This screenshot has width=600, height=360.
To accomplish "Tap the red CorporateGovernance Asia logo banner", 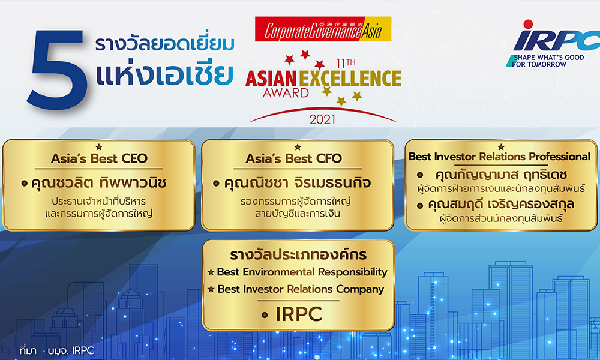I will (323, 29).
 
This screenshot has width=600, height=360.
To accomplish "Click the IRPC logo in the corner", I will (549, 39).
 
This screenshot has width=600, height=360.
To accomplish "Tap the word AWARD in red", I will (286, 93).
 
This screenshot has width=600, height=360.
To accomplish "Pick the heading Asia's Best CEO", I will (99, 159).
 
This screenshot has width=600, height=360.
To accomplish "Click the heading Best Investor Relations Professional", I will (499, 157).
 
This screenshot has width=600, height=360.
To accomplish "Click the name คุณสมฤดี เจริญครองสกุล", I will (507, 205).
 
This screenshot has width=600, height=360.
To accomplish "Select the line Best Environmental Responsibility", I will (302, 272).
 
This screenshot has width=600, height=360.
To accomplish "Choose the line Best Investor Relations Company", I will (300, 289).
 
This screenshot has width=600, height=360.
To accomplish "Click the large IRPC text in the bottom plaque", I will (298, 313).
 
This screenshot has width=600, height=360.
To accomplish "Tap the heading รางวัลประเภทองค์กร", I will (298, 254).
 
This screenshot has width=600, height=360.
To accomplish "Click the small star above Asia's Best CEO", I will (99, 146).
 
